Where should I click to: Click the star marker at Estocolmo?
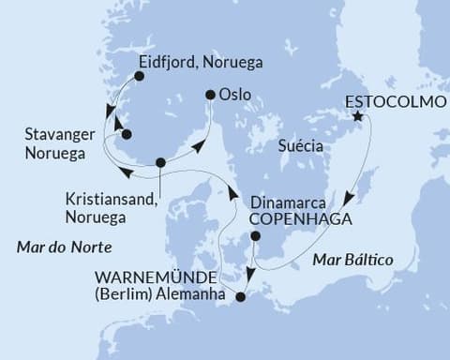(x=357, y=117)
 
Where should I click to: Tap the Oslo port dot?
(x=211, y=95)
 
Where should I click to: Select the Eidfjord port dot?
(x=139, y=76)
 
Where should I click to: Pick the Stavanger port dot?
(x=127, y=134)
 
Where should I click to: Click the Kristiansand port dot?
(x=160, y=162)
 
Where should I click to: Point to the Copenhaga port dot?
(x=255, y=238)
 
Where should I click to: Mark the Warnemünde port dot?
(x=241, y=297)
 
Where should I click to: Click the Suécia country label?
(x=301, y=147)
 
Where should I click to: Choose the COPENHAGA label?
(x=301, y=219)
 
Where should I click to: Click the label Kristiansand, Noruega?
(x=110, y=208)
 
